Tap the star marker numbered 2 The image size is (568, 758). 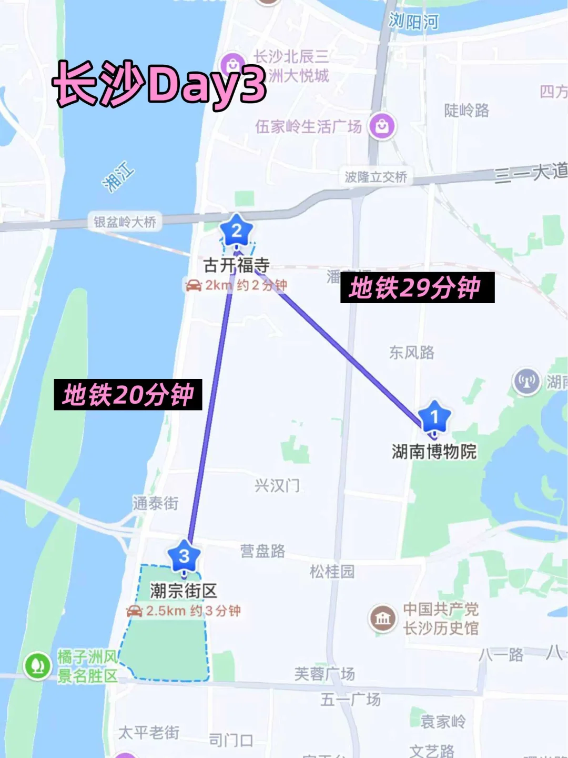237,230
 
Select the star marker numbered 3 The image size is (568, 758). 184,555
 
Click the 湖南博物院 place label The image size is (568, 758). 434,452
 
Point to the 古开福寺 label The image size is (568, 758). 237,265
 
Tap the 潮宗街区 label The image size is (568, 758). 183,591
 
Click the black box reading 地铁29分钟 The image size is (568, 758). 417,287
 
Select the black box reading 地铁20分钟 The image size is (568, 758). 128,395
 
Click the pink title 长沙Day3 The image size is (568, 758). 159,83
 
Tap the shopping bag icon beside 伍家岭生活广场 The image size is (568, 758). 382,126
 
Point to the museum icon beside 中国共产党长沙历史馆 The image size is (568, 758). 382,619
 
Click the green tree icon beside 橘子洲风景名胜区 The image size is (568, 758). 37,666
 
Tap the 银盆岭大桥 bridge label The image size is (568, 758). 125,222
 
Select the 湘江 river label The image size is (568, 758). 118,177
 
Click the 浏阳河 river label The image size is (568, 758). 413,21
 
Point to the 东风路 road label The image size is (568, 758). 411,352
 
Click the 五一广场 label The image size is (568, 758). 350,700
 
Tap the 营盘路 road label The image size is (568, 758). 262,551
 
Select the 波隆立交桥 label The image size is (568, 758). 376,177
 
